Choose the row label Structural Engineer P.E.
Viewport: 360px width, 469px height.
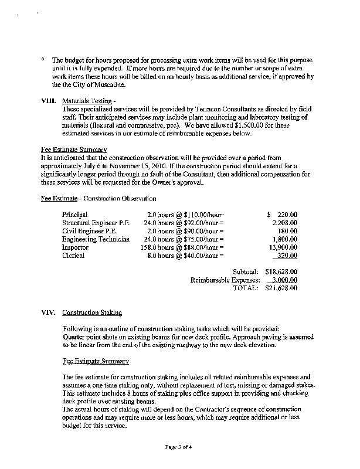click(x=96, y=223)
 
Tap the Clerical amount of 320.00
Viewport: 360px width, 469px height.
click(x=287, y=256)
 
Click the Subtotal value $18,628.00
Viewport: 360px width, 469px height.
click(x=281, y=272)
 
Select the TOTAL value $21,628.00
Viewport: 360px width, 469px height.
click(x=281, y=288)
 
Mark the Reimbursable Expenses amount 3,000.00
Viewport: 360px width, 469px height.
click(x=284, y=280)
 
